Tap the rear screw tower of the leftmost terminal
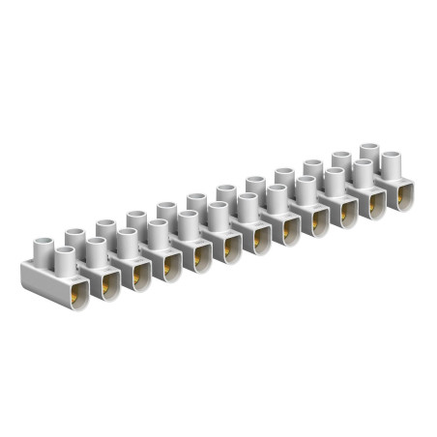[x=74, y=238]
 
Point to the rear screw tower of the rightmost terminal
[x=369, y=152]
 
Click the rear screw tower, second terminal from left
[x=105, y=228]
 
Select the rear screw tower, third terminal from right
[x=312, y=168]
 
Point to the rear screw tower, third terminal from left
[x=135, y=219]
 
